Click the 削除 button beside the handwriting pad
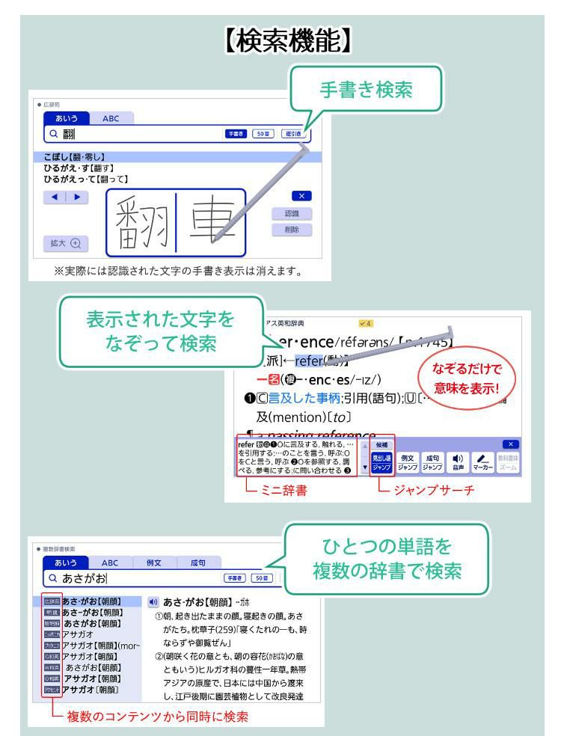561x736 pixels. coord(292,230)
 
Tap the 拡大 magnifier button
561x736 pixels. coord(65,242)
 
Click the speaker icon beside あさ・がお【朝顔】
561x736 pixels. coord(153,602)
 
